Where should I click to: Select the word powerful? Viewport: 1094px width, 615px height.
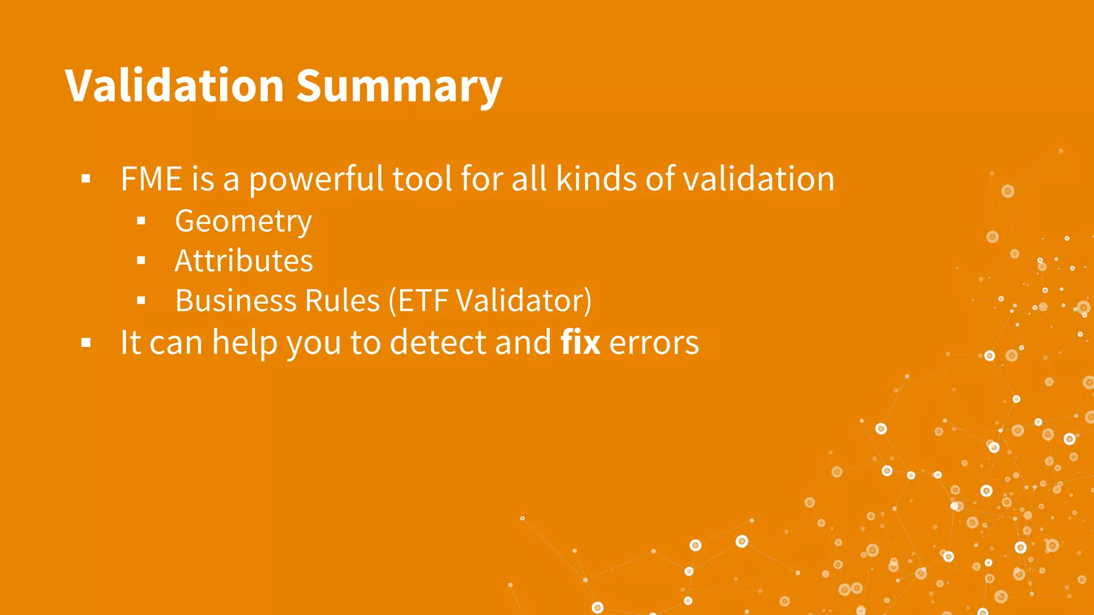click(316, 179)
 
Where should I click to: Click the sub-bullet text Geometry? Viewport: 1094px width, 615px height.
click(243, 222)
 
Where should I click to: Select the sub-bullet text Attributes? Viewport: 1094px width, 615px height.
click(244, 261)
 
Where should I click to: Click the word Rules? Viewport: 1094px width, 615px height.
click(342, 301)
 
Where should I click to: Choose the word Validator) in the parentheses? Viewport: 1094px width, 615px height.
click(523, 301)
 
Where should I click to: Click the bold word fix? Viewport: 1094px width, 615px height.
click(580, 342)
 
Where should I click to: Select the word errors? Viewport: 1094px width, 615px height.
click(654, 343)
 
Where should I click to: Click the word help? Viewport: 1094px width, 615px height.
click(245, 343)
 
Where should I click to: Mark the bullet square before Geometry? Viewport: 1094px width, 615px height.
click(141, 221)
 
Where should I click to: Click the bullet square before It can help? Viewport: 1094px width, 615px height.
click(86, 343)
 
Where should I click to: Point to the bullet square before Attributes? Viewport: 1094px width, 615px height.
click(141, 261)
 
